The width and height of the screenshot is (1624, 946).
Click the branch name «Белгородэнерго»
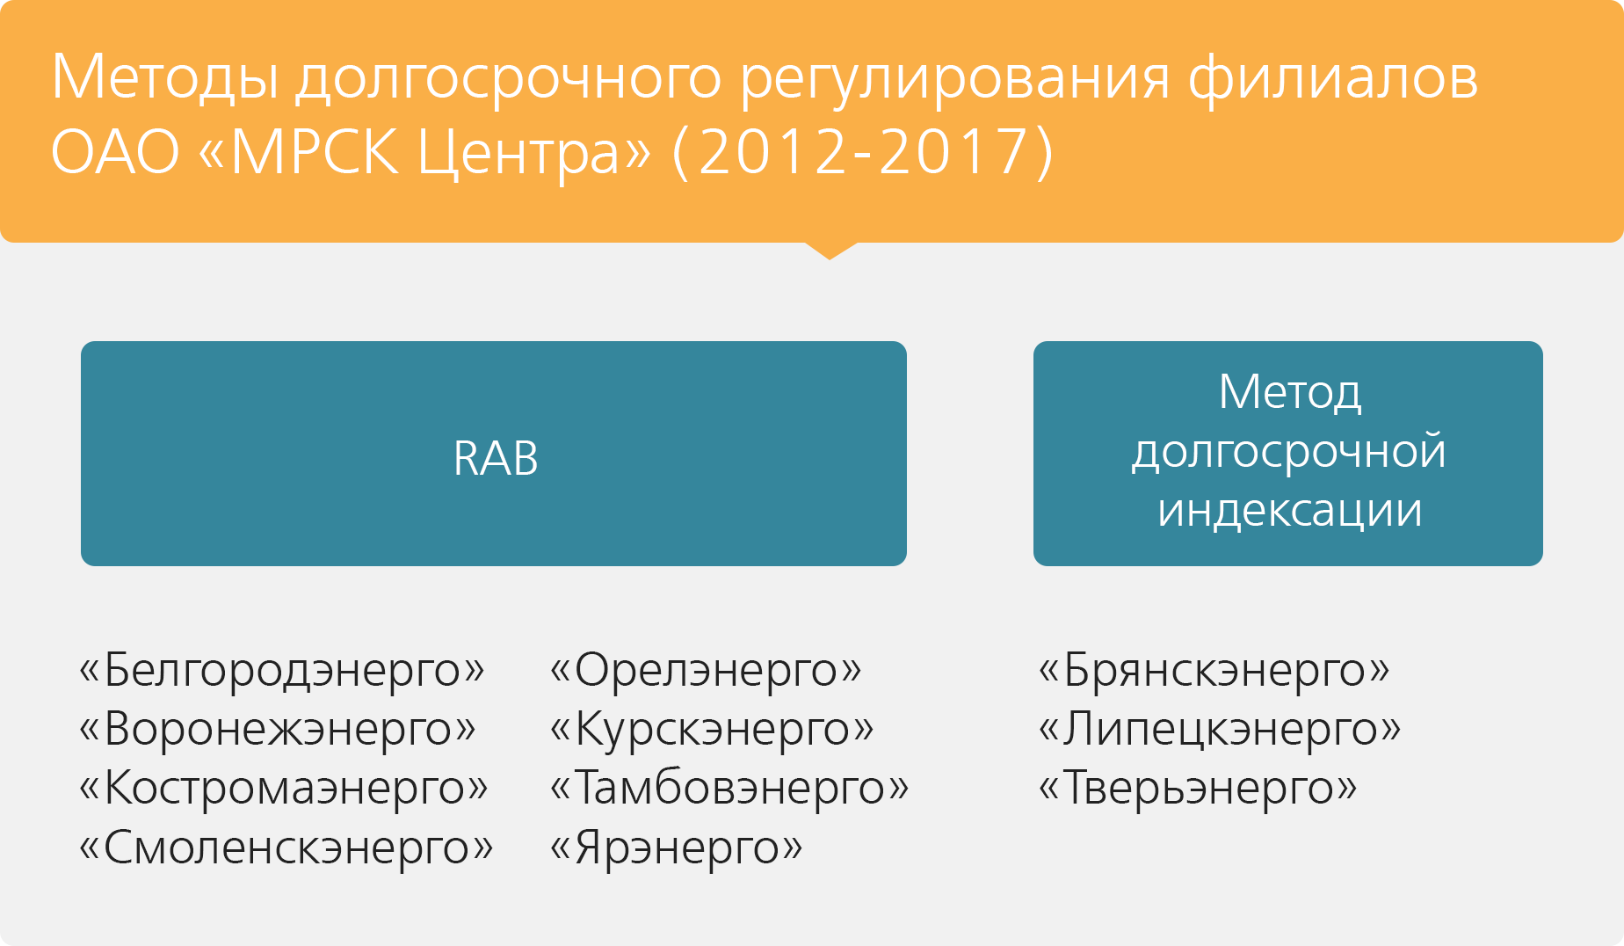tap(281, 671)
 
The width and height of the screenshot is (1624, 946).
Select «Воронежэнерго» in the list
tap(278, 730)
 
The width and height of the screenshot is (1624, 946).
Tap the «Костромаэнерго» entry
tap(283, 788)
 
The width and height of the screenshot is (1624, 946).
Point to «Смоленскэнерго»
tap(286, 848)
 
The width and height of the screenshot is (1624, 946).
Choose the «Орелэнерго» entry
tap(706, 671)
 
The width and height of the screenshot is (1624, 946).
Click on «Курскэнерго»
tap(712, 730)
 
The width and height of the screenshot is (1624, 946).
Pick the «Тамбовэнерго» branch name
tap(729, 788)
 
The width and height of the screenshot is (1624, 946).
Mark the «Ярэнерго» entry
tap(676, 848)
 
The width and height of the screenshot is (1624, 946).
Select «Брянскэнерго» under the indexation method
tap(1214, 671)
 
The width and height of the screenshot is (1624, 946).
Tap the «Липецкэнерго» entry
tap(1220, 730)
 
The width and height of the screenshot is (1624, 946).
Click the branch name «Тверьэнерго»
tap(1198, 788)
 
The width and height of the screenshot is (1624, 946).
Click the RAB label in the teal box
tap(496, 458)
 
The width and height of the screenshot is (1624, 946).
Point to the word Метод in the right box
tap(1290, 393)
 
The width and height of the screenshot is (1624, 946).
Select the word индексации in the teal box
tap(1290, 511)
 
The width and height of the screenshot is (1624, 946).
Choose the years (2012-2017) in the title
tap(862, 152)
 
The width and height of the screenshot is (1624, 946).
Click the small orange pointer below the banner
tap(830, 250)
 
